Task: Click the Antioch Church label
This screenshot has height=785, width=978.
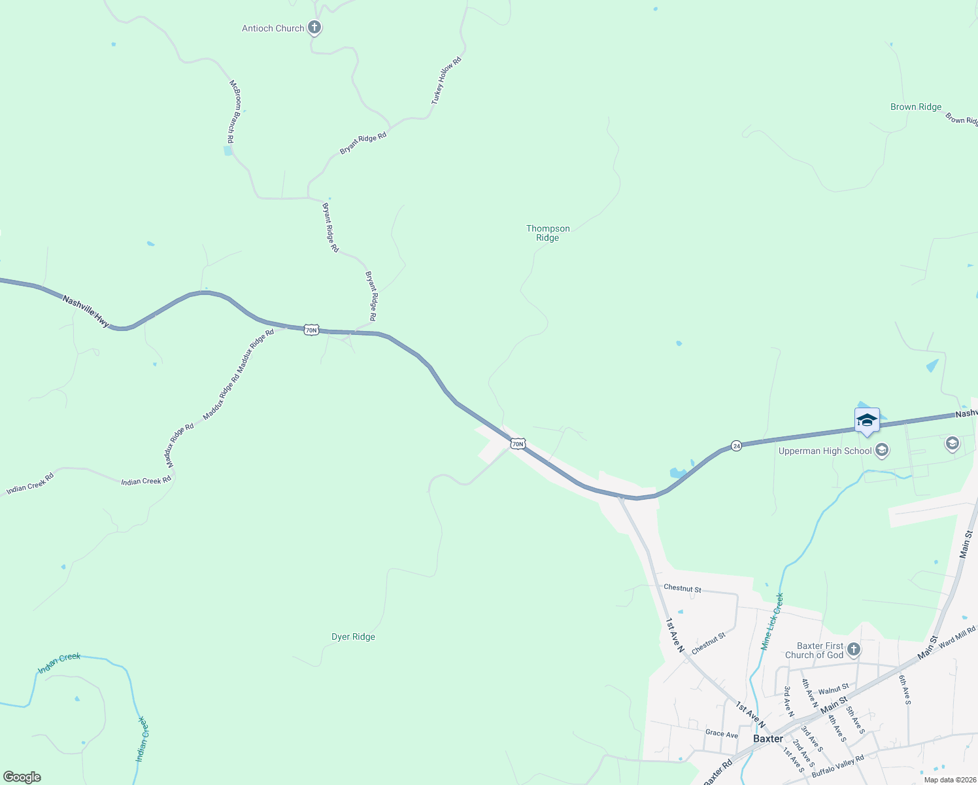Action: pyautogui.click(x=273, y=28)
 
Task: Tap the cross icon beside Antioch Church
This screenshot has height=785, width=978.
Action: pyautogui.click(x=314, y=27)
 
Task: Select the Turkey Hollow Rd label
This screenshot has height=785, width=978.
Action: pyautogui.click(x=447, y=80)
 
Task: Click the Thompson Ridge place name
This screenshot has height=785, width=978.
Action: pyautogui.click(x=548, y=233)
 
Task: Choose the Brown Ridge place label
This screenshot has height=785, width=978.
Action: pyautogui.click(x=915, y=107)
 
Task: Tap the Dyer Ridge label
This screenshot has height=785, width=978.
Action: pyautogui.click(x=353, y=637)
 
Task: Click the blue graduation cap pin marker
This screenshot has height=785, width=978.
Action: pyautogui.click(x=867, y=421)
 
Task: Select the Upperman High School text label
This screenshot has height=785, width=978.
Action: pyautogui.click(x=825, y=451)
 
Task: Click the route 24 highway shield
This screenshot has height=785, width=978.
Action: pyautogui.click(x=737, y=445)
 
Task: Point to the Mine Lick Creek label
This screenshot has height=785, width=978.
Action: pyautogui.click(x=772, y=621)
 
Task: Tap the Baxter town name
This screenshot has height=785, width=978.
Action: pyautogui.click(x=767, y=739)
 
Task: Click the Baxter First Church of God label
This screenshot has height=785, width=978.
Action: pyautogui.click(x=814, y=650)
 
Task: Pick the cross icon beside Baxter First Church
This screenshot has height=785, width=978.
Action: pyautogui.click(x=853, y=650)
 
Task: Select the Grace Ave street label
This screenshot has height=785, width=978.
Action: pyautogui.click(x=722, y=734)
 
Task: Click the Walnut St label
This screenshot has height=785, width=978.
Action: pyautogui.click(x=834, y=689)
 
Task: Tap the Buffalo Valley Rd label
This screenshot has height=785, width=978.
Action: pyautogui.click(x=837, y=767)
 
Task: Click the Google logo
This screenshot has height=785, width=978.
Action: pyautogui.click(x=22, y=776)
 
